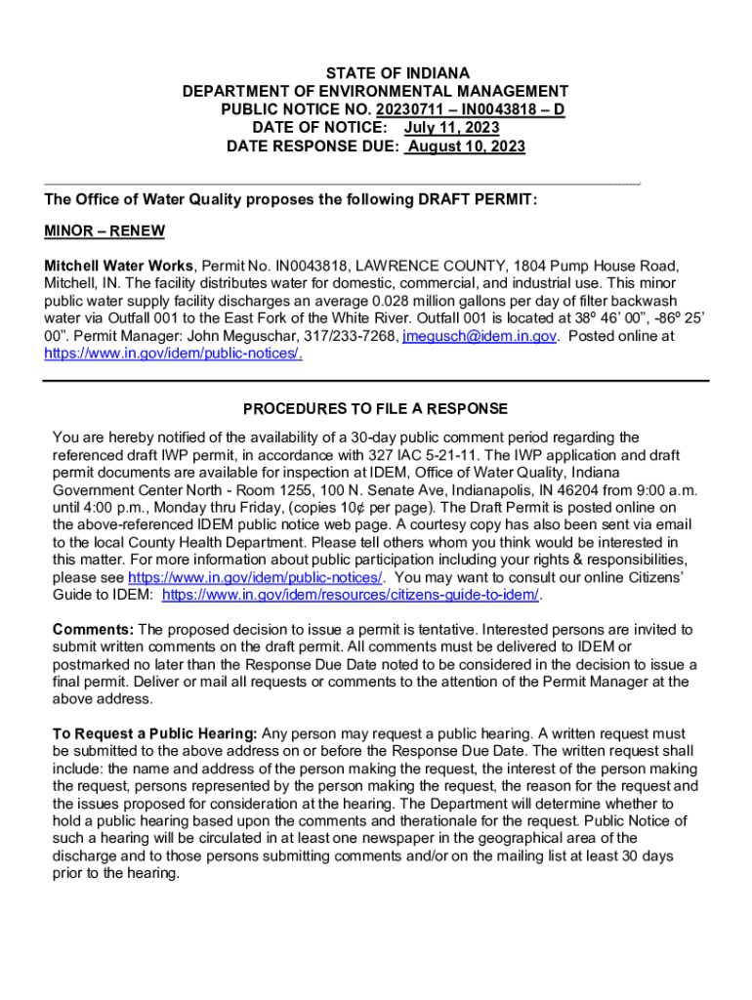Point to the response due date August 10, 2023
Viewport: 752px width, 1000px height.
(466, 146)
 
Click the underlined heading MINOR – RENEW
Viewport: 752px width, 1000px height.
(104, 231)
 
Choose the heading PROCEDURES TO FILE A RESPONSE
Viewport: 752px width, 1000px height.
(376, 408)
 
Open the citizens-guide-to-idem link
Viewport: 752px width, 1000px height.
(351, 594)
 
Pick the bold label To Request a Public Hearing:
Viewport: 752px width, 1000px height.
(155, 733)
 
